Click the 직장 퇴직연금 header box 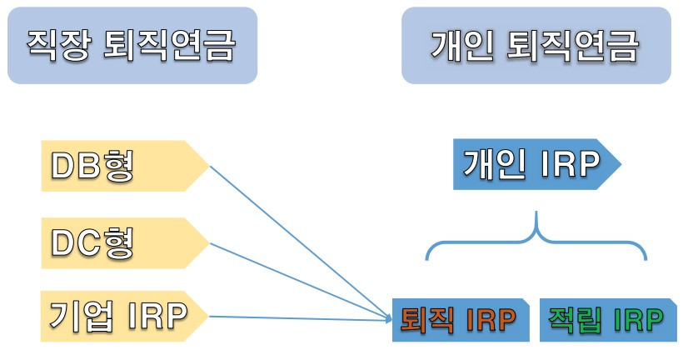point(132,46)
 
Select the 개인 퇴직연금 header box point(536,46)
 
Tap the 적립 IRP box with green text point(605,318)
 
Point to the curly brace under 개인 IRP point(537,237)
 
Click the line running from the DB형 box point(300,242)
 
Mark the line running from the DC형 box point(300,280)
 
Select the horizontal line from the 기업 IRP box point(300,317)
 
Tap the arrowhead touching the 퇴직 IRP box point(388,317)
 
